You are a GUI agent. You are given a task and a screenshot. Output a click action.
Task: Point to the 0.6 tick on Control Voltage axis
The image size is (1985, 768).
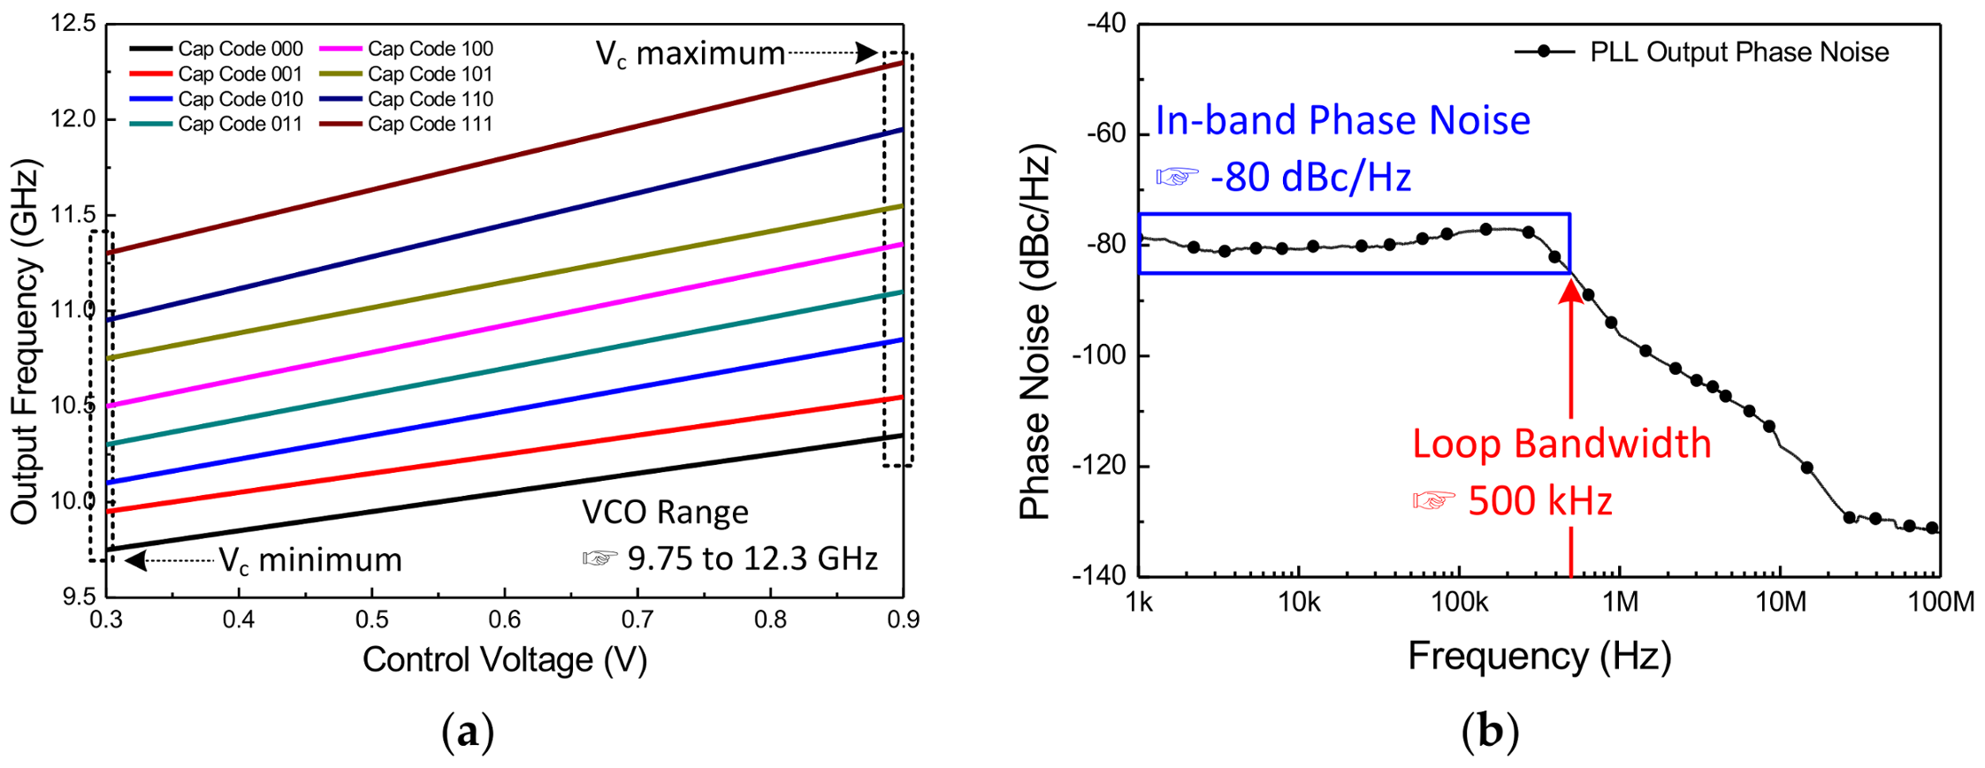[x=504, y=620]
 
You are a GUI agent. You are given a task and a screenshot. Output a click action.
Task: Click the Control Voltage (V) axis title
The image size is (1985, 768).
[x=504, y=659]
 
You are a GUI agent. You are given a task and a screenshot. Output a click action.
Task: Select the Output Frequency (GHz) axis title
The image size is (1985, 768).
[x=25, y=341]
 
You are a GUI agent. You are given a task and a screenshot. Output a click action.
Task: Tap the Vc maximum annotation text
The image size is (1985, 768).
[x=691, y=54]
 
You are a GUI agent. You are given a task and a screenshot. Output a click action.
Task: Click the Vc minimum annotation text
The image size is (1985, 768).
[x=310, y=560]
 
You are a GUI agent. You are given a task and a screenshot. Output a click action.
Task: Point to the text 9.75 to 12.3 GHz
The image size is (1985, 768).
[x=752, y=559]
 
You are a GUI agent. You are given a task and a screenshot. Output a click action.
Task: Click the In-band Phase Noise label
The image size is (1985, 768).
[x=1342, y=120]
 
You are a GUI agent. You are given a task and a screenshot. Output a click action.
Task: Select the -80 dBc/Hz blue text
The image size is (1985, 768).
[x=1309, y=178]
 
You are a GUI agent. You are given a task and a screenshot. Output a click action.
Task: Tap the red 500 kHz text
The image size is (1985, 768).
[x=1539, y=501]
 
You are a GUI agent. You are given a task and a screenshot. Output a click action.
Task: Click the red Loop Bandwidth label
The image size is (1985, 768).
[x=1561, y=444]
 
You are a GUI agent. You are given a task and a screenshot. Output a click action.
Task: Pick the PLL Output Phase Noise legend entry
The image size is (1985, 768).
[x=1738, y=52]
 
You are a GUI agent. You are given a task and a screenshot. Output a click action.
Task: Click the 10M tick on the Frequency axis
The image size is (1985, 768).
[x=1779, y=602]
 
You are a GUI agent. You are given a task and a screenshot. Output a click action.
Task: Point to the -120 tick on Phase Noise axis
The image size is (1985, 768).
[x=1098, y=465]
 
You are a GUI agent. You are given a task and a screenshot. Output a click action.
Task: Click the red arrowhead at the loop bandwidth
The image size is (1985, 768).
[x=1570, y=291]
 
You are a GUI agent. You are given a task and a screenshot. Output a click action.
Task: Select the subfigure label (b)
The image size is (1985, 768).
[x=1490, y=732]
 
